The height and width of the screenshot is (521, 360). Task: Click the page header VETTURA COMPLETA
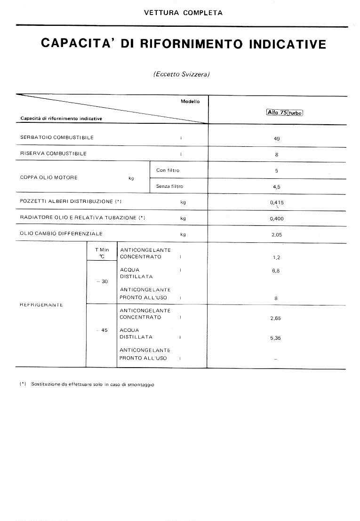[183, 13]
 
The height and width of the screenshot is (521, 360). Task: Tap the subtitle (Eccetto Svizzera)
[181, 74]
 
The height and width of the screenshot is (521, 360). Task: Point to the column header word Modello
[190, 102]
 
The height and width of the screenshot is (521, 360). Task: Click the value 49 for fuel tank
[277, 139]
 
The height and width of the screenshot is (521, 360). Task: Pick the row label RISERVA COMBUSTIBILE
[53, 154]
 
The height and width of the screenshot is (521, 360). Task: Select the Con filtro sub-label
[168, 170]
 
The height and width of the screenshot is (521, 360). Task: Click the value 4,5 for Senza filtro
[277, 187]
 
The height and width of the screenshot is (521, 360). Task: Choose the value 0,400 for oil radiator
[277, 219]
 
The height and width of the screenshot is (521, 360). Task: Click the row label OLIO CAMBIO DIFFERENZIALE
[61, 234]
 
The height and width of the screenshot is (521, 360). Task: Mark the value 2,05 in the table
[277, 235]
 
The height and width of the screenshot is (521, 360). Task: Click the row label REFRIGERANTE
[41, 305]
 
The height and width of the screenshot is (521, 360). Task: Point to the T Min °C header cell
[102, 253]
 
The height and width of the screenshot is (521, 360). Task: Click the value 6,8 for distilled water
[276, 271]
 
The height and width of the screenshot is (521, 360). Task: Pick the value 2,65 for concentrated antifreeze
[276, 319]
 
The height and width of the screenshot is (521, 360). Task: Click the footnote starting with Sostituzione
[92, 385]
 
